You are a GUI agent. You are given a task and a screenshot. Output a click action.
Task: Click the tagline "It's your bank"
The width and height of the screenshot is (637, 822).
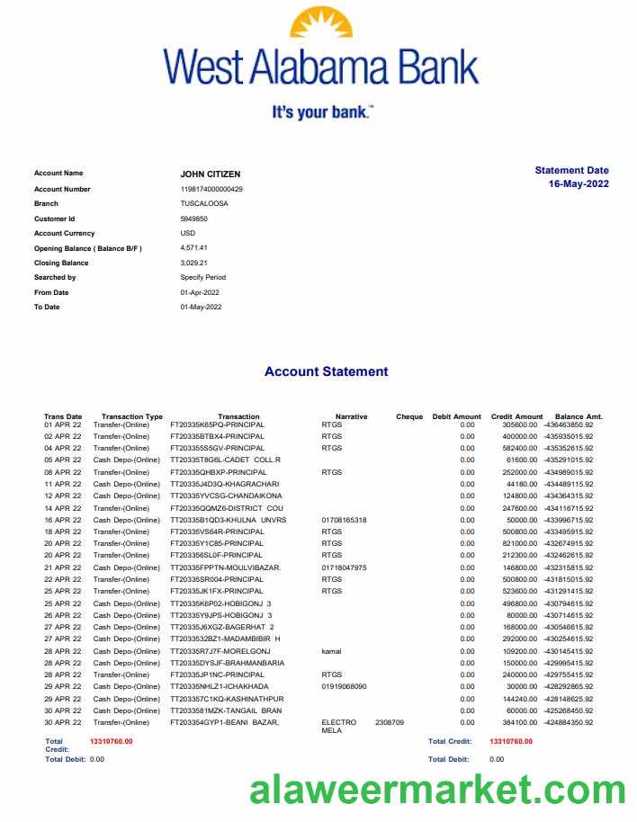pos(321,113)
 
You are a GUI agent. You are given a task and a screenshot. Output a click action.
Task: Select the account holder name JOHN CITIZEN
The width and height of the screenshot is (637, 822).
pos(211,174)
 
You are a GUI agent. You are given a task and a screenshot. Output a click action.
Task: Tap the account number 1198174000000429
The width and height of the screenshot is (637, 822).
pos(211,189)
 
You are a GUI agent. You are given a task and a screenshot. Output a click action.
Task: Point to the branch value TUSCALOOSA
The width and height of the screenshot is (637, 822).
pos(204,203)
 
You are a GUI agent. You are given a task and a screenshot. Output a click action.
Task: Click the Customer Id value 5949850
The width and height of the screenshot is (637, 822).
pos(194,219)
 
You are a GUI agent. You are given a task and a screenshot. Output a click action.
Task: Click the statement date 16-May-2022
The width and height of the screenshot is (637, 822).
pos(579,184)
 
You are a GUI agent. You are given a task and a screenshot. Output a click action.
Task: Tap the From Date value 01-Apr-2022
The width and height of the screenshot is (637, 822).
pos(200,292)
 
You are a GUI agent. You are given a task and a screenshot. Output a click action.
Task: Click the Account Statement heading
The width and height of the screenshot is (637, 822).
pos(326,371)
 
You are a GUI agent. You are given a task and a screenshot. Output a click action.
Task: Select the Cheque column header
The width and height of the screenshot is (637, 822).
pos(409,416)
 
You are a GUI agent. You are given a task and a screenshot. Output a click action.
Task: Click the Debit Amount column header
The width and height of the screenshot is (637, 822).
pos(456,416)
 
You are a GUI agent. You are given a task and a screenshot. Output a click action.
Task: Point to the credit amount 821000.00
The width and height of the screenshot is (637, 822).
pos(520,543)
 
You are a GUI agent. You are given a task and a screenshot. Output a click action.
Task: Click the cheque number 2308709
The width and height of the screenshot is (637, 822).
pos(390,722)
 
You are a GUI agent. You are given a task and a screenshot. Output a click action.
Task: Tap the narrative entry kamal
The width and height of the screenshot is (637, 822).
pos(331,650)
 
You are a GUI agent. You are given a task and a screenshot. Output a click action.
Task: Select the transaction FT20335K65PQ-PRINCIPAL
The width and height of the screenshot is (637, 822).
pos(217,424)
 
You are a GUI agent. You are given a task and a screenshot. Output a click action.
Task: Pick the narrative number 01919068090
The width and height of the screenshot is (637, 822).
pos(344,686)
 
